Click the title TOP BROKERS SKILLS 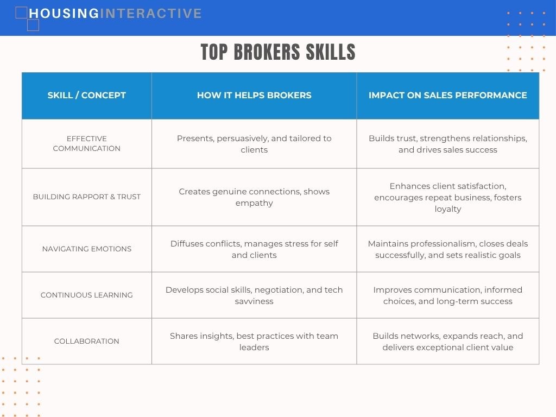pyautogui.click(x=278, y=52)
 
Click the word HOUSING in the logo pyautogui.click(x=64, y=14)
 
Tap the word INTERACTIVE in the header pyautogui.click(x=151, y=14)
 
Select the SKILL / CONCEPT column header pyautogui.click(x=86, y=95)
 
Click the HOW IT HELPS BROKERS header pyautogui.click(x=254, y=95)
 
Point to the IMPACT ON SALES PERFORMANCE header pyautogui.click(x=448, y=95)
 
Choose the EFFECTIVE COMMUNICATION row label pyautogui.click(x=86, y=143)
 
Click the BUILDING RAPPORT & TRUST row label pyautogui.click(x=86, y=197)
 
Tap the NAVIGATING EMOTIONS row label pyautogui.click(x=86, y=249)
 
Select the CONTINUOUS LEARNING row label pyautogui.click(x=86, y=295)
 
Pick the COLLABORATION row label pyautogui.click(x=86, y=341)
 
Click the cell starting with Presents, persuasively pyautogui.click(x=254, y=144)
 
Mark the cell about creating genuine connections pyautogui.click(x=254, y=197)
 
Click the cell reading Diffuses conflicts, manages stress pyautogui.click(x=254, y=249)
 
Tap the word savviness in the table pyautogui.click(x=254, y=301)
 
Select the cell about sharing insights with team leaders pyautogui.click(x=254, y=342)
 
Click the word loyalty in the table pyautogui.click(x=448, y=209)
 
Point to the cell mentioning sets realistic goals pyautogui.click(x=448, y=249)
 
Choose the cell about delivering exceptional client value pyautogui.click(x=448, y=342)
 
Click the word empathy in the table pyautogui.click(x=254, y=203)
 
